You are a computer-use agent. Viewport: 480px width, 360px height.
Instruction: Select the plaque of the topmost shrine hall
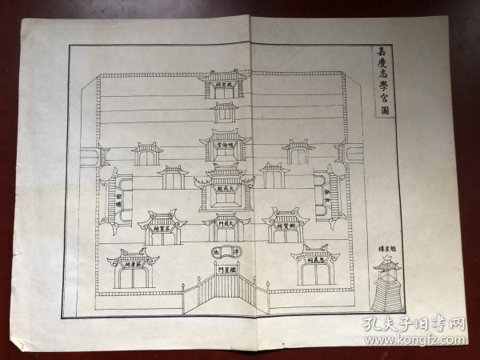226,83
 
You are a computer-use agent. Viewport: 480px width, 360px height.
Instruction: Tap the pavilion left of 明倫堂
148,153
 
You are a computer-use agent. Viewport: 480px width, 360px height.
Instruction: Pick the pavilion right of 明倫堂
298,153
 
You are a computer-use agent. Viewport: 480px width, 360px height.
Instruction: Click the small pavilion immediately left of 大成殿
174,178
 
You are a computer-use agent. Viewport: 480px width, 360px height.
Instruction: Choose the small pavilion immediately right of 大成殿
274,177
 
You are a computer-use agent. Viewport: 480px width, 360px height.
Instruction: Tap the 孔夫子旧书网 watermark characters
417,324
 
